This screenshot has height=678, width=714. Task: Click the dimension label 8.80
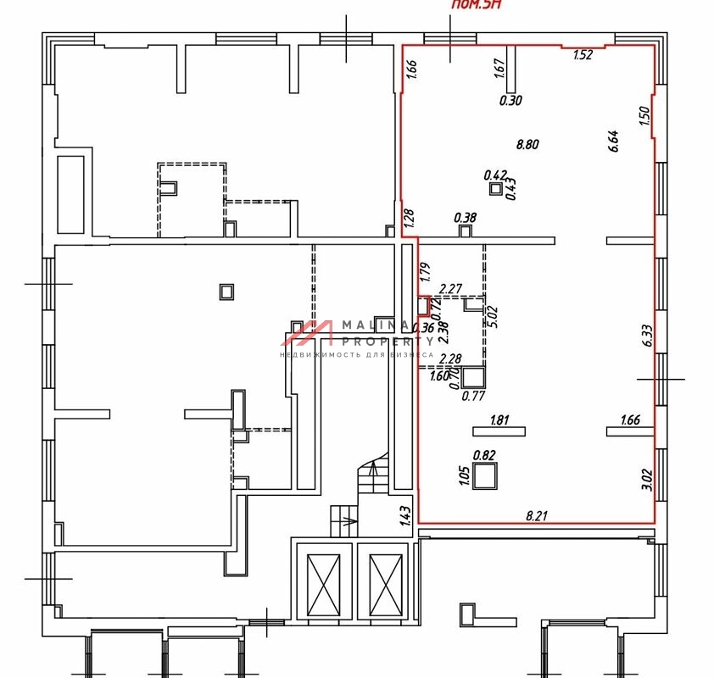coord(527,144)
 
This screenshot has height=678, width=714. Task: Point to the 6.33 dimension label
coord(647,336)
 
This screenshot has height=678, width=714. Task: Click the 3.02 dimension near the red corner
coord(646,481)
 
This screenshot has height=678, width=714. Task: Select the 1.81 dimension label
coord(499,419)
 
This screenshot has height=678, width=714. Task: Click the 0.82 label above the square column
coord(483,455)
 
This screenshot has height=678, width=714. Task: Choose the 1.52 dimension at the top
coord(582,56)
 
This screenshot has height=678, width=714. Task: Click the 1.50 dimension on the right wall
coord(644,116)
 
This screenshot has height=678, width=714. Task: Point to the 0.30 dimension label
coord(510,100)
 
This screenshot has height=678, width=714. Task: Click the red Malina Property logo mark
coord(308,332)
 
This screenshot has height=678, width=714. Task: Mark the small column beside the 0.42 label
coord(495,189)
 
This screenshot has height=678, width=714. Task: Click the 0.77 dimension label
coord(471,394)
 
